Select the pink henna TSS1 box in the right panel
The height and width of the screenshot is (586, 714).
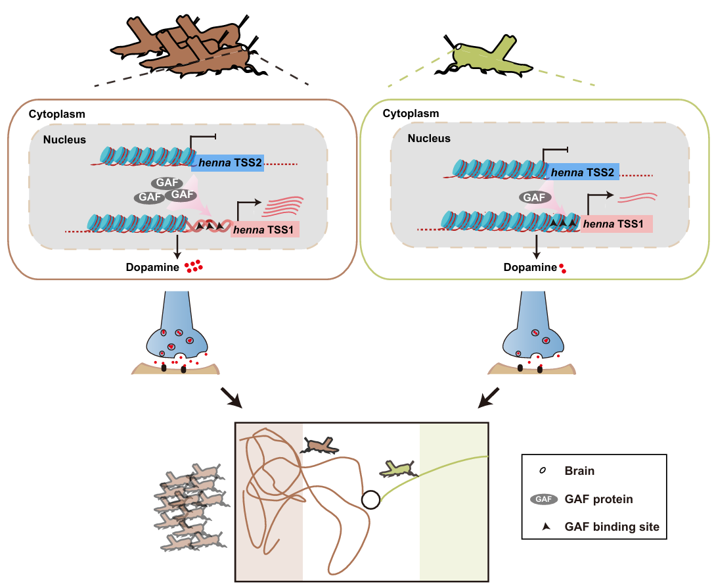(617, 225)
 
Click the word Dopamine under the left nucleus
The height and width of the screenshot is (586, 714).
(152, 268)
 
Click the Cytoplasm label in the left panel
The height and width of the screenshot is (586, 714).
(56, 114)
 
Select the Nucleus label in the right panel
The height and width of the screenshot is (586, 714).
(429, 139)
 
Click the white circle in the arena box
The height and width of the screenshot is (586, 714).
(370, 500)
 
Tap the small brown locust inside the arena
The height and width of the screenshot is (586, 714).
(319, 447)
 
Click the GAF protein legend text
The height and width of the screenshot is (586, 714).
(598, 499)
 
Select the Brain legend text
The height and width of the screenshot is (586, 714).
(579, 471)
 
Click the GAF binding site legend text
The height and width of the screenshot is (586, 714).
(612, 527)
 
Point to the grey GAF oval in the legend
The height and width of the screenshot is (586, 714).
(543, 499)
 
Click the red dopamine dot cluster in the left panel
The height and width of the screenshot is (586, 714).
(192, 266)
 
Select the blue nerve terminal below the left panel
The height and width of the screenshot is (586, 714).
(176, 332)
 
